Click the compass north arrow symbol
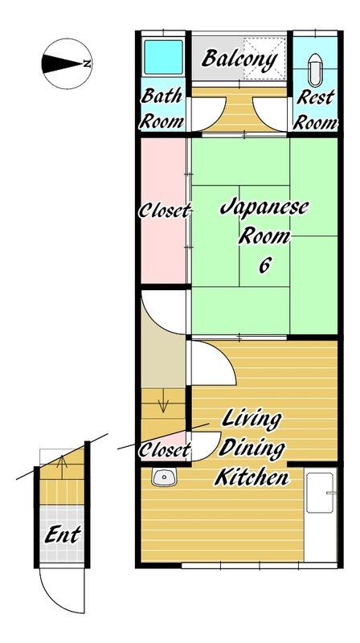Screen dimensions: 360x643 67,63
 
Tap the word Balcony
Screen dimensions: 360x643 239,59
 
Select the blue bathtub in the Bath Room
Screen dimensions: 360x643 163,57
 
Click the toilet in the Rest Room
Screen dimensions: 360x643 315,70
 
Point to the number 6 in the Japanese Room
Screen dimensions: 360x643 264,266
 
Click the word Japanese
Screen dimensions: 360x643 264,207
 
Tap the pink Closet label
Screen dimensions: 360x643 165,211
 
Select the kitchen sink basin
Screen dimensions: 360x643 165,477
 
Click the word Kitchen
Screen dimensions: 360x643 252,477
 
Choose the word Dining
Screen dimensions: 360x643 251,448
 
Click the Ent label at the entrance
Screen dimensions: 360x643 63,534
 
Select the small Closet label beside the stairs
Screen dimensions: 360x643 165,451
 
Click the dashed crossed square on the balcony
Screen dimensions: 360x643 264,59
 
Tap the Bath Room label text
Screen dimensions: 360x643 162,109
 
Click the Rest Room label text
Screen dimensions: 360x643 316,110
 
